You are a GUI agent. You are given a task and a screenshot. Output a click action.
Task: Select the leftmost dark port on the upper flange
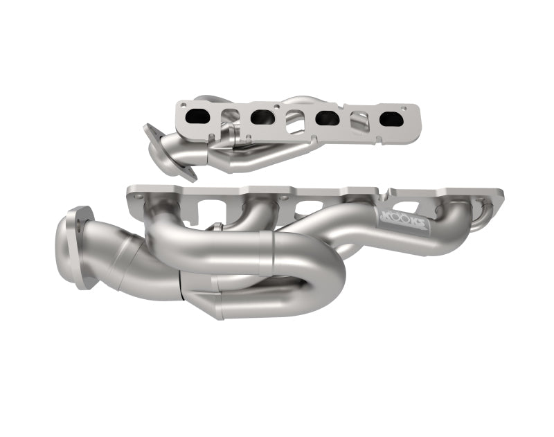click(x=197, y=116)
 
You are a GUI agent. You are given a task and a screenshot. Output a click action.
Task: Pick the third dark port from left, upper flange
click(x=327, y=118)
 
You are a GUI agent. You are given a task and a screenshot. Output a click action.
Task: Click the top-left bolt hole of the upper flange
click(x=183, y=106)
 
